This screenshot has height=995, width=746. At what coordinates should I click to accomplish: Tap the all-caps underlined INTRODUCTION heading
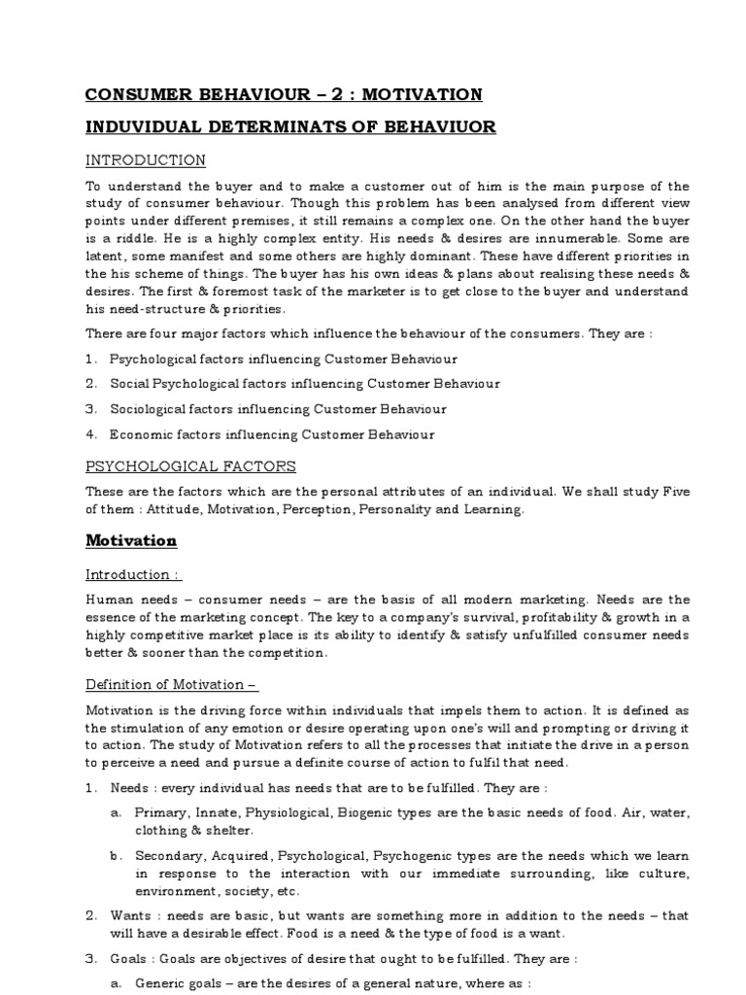[x=146, y=159]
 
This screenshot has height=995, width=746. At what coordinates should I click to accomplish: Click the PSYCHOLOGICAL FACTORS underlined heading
[x=190, y=466]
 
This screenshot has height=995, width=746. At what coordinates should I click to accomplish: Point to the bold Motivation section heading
[x=131, y=539]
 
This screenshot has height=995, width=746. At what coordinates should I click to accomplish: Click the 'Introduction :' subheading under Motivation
[x=133, y=574]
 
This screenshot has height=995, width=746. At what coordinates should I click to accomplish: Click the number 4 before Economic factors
[x=90, y=434]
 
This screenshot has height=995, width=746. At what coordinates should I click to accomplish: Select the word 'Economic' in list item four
[x=138, y=434]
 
